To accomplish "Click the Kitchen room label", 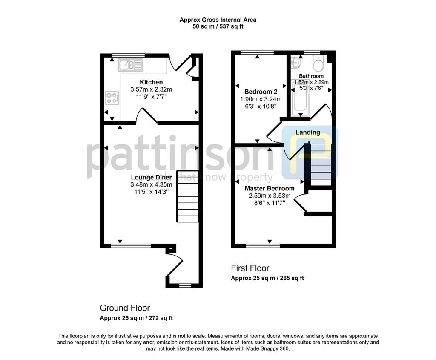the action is [151, 82].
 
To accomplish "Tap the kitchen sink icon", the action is [130, 65].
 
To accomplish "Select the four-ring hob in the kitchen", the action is [112, 98].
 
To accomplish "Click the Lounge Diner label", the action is [152, 177].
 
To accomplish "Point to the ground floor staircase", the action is [188, 196].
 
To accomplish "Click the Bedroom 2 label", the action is [261, 92].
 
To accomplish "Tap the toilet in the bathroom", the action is [318, 63].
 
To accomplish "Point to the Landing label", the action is [308, 132].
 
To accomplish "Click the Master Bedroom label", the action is [270, 188].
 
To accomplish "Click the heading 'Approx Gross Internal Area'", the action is [218, 20].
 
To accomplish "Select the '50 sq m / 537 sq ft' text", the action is [218, 27].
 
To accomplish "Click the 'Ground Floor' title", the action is [125, 308].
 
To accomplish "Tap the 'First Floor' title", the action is [250, 268].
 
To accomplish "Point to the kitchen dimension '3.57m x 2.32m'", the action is [151, 89].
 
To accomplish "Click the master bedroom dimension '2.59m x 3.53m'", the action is [270, 196].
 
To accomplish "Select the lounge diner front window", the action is [131, 246].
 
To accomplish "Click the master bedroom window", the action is [263, 245].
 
